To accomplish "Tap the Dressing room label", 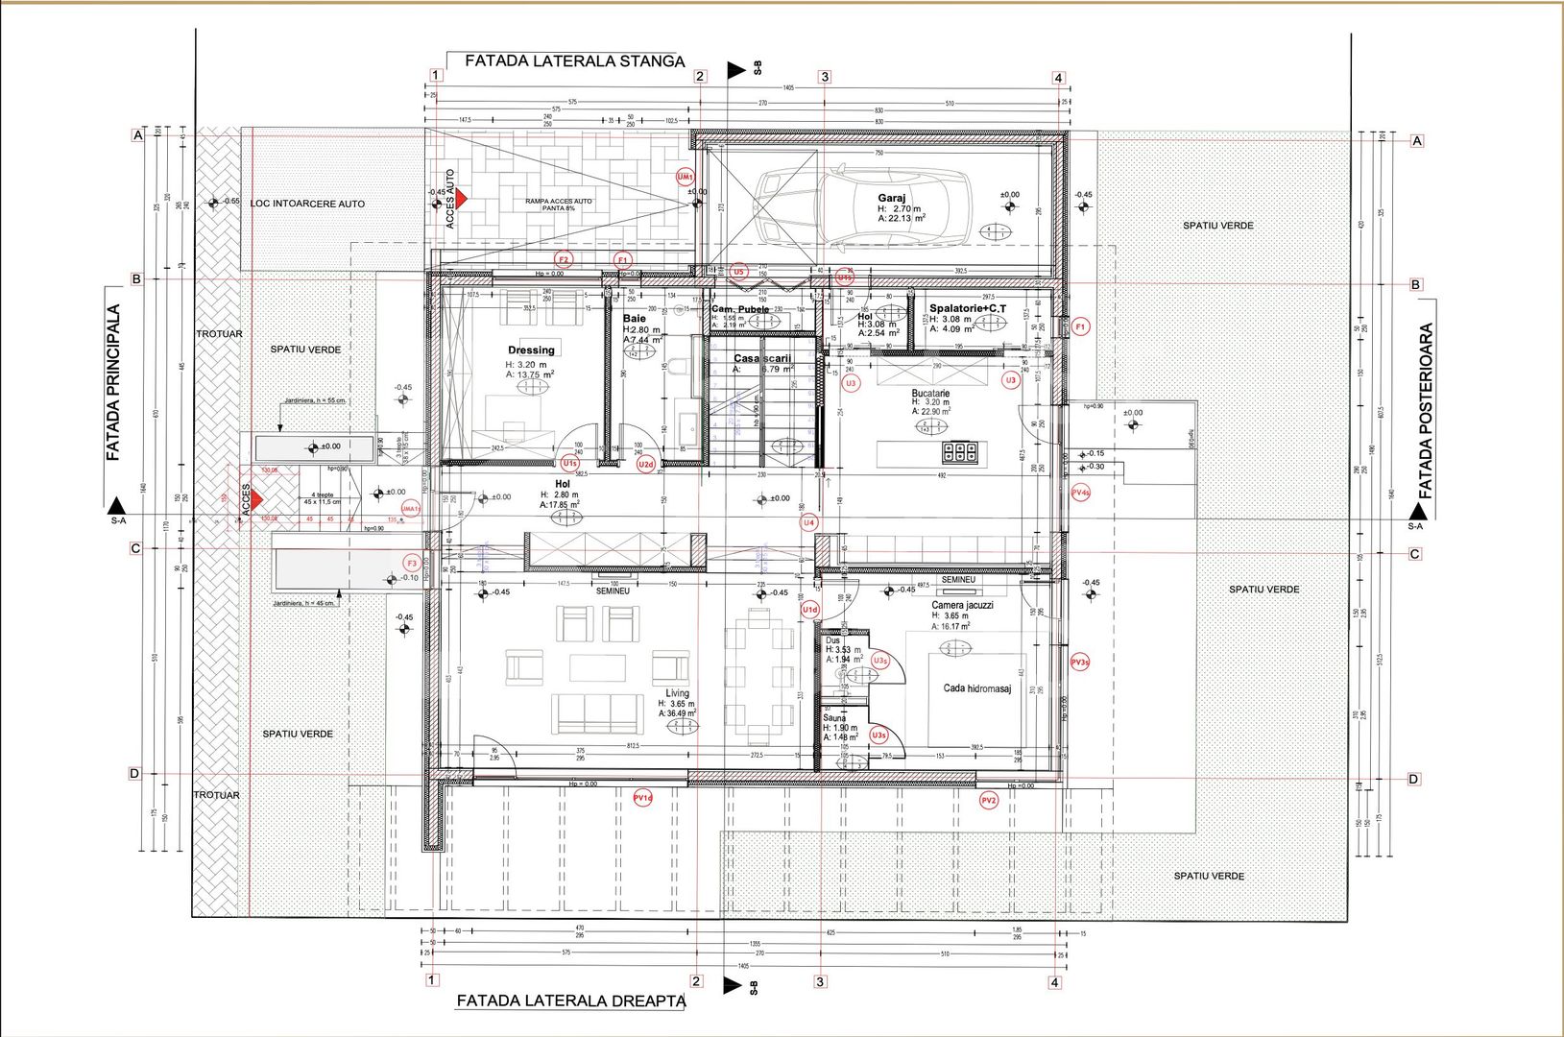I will tap(531, 350).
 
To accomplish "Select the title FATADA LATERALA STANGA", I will tap(574, 60).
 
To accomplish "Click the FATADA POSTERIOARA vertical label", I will tap(1426, 411).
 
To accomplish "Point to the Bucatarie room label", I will tap(930, 394).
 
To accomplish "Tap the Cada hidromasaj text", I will tap(976, 688).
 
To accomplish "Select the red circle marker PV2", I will tap(989, 800).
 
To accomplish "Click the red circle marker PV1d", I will tap(642, 798).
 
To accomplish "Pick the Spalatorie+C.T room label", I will tap(968, 308).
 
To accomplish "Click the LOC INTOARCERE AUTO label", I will tap(307, 204).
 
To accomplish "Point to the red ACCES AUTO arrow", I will tap(461, 199).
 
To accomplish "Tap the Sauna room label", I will tap(834, 718).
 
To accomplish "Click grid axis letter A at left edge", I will tap(137, 135).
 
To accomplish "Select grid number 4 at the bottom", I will tap(1055, 982).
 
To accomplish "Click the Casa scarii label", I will tap(763, 358).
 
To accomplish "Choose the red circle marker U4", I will tap(809, 522).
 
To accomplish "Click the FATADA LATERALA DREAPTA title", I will tap(570, 1001).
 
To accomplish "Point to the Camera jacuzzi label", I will tap(962, 605).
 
